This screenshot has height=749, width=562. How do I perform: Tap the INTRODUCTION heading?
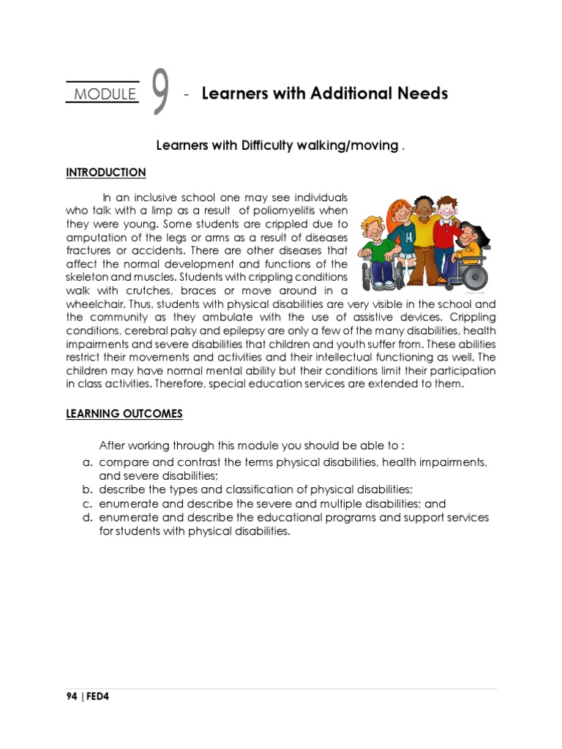pyautogui.click(x=106, y=173)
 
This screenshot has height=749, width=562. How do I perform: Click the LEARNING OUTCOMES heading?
pyautogui.click(x=124, y=414)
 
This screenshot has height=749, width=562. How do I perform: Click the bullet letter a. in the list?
pyautogui.click(x=86, y=463)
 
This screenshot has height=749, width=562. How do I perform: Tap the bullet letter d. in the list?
pyautogui.click(x=86, y=518)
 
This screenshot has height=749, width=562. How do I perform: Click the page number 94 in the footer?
pyautogui.click(x=72, y=696)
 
